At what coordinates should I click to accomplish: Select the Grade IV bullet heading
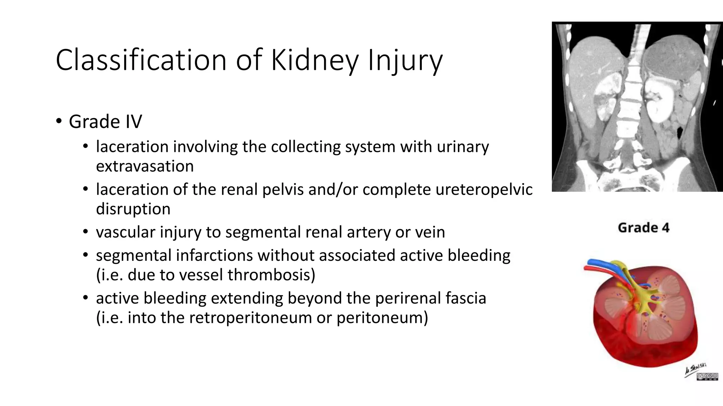(x=105, y=122)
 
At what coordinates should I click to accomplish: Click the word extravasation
(x=145, y=166)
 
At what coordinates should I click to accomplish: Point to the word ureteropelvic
(x=484, y=190)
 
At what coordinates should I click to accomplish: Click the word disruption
(x=133, y=209)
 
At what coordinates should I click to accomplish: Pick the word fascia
(x=466, y=299)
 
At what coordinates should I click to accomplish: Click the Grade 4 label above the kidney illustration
(x=643, y=228)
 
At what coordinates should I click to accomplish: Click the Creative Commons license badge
(x=707, y=377)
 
